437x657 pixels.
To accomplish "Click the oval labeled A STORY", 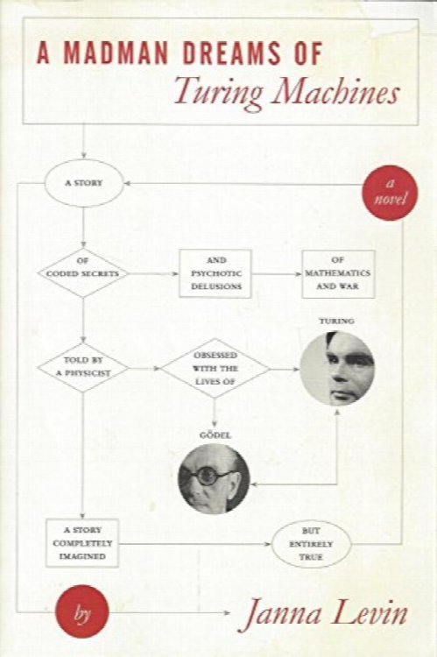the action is (84, 183).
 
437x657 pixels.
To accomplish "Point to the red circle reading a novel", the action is (390, 193).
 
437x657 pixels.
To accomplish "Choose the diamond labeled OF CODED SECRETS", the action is (83, 272).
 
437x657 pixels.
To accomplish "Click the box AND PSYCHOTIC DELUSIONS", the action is (215, 273).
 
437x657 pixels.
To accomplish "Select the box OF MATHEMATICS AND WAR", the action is (338, 274).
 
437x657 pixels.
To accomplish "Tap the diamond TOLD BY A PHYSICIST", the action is (83, 367).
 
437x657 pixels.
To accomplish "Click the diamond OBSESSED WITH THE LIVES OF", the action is (215, 368).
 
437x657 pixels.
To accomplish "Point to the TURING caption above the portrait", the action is (336, 321).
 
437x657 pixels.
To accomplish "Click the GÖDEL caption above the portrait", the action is (215, 435).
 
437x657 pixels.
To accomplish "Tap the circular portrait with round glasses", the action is (214, 478).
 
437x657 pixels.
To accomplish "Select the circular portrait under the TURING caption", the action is (337, 368).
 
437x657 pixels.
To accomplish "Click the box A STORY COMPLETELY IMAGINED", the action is (82, 543).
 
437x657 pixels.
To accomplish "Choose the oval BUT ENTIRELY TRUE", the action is (311, 544).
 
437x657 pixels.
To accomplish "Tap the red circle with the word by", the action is (82, 612).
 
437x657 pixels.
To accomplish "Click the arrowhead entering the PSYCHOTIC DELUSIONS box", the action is (176, 274).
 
